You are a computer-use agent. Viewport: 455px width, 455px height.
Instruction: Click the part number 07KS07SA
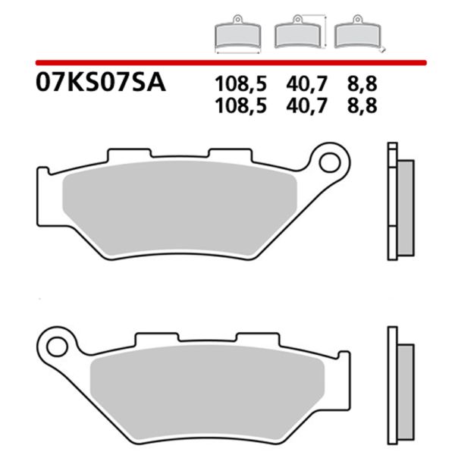point(99,82)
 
